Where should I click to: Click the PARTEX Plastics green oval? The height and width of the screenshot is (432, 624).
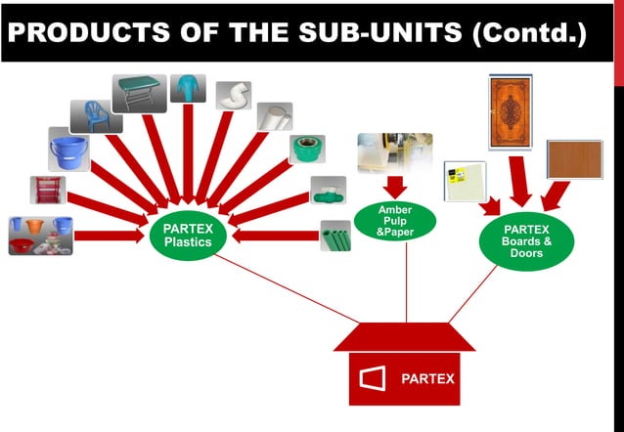(188, 236)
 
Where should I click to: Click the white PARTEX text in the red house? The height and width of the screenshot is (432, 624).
(428, 378)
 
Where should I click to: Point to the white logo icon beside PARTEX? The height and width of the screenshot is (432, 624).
(374, 378)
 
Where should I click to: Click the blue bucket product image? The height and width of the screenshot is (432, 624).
(69, 150)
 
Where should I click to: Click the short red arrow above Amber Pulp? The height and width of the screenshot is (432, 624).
(396, 186)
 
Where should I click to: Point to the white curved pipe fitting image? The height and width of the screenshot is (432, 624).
(234, 95)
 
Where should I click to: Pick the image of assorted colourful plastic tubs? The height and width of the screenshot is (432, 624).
(40, 235)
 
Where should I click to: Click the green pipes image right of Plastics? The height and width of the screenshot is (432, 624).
(334, 236)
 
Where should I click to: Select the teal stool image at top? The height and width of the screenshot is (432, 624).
(188, 88)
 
